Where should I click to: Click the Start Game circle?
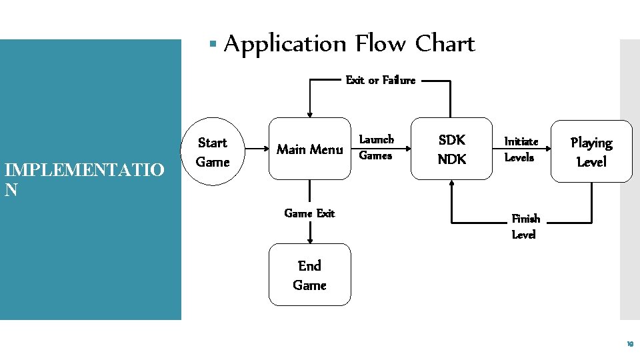[213, 152]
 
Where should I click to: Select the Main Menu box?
[309, 149]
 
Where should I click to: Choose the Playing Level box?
[591, 151]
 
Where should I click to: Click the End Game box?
[309, 275]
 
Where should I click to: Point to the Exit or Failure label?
[380, 80]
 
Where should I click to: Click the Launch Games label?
[377, 147]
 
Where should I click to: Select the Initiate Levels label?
[519, 149]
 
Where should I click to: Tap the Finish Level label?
[525, 226]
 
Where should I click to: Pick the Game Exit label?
[309, 213]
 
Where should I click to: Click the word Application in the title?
[285, 44]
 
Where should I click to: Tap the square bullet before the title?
[213, 45]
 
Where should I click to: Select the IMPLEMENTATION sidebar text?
[83, 179]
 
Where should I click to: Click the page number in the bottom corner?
[629, 345]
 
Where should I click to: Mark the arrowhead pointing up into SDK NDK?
[452, 184]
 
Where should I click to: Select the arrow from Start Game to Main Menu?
[255, 149]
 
